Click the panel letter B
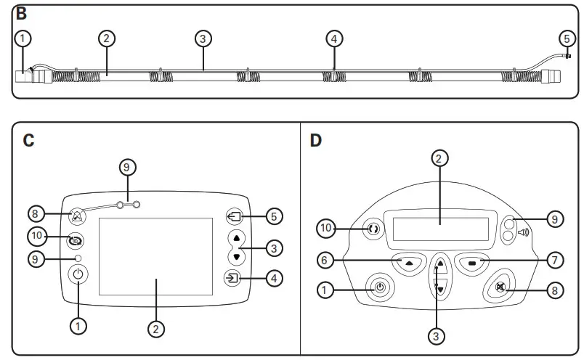(x=21, y=13)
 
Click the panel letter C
(x=28, y=140)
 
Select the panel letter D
(x=315, y=140)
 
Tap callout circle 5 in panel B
(x=567, y=38)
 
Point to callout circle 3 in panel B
(x=203, y=38)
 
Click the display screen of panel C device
(x=155, y=255)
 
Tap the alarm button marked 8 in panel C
(x=77, y=216)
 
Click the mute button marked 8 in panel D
(x=499, y=287)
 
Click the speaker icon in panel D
(x=522, y=234)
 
